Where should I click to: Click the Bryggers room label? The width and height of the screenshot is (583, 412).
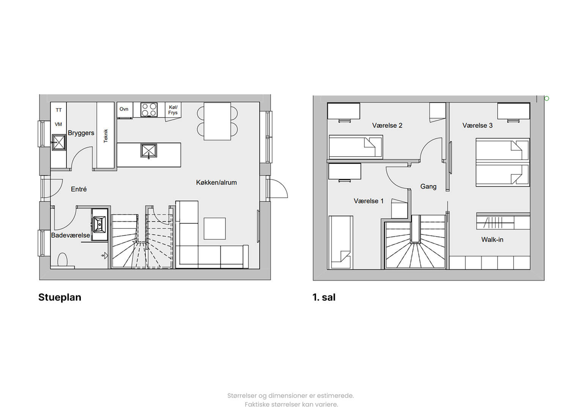click(81, 133)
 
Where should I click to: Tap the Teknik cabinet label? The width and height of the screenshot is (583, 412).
click(106, 135)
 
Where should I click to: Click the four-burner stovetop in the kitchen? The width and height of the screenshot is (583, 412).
click(149, 110)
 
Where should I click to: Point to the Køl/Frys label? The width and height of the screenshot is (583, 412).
click(173, 110)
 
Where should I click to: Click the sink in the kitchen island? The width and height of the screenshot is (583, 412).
click(149, 151)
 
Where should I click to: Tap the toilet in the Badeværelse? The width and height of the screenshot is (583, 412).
click(62, 260)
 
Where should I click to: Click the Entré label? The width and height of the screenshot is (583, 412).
click(79, 189)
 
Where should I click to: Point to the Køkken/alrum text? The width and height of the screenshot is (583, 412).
click(216, 182)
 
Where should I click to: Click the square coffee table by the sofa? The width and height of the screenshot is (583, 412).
click(214, 229)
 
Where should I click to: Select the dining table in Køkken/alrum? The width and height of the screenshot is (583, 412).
click(217, 121)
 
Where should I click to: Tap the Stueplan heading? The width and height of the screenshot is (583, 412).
click(60, 297)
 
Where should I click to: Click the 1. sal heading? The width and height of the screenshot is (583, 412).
click(324, 297)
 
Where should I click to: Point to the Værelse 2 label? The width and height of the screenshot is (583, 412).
click(387, 125)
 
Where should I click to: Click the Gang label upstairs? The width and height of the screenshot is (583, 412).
click(429, 187)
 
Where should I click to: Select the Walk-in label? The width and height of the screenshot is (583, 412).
click(492, 239)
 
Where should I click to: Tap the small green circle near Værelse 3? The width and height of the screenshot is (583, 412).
click(547, 98)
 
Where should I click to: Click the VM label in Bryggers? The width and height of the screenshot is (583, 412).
click(58, 124)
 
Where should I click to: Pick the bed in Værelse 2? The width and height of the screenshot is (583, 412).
click(356, 147)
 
